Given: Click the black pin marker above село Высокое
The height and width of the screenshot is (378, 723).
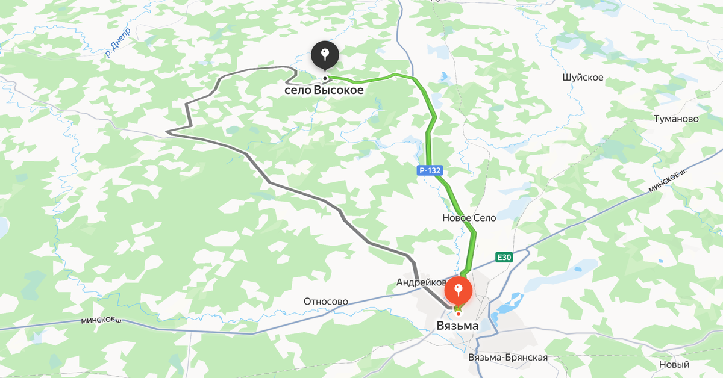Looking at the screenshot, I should tap(325, 55).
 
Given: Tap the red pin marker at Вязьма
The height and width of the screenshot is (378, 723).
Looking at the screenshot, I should tap(458, 292).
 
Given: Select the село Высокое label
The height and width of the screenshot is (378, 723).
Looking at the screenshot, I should tap(324, 90).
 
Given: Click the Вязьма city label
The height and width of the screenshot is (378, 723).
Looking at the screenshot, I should tap(457, 326).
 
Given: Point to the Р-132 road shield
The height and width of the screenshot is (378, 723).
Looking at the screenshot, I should tap(430, 170).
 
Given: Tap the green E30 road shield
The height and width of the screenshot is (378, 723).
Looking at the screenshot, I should tap(504, 258).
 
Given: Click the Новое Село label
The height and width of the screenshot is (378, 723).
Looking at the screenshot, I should tap(469, 218).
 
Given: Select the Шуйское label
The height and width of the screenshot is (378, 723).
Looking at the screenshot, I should tap(583, 78).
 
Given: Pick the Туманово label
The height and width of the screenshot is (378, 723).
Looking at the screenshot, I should tap(676, 119).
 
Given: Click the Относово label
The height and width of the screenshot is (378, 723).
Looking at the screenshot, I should tap(326, 301).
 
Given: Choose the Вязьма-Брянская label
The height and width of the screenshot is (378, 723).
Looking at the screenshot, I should tap(508, 358).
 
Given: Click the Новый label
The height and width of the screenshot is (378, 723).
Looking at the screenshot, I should tap(674, 364).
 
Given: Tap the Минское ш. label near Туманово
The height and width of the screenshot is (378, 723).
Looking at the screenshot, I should tap(668, 181).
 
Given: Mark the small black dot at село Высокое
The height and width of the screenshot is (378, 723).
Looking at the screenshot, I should tap(325, 78).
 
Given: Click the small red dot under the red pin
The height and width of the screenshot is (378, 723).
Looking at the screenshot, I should tap(458, 314).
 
